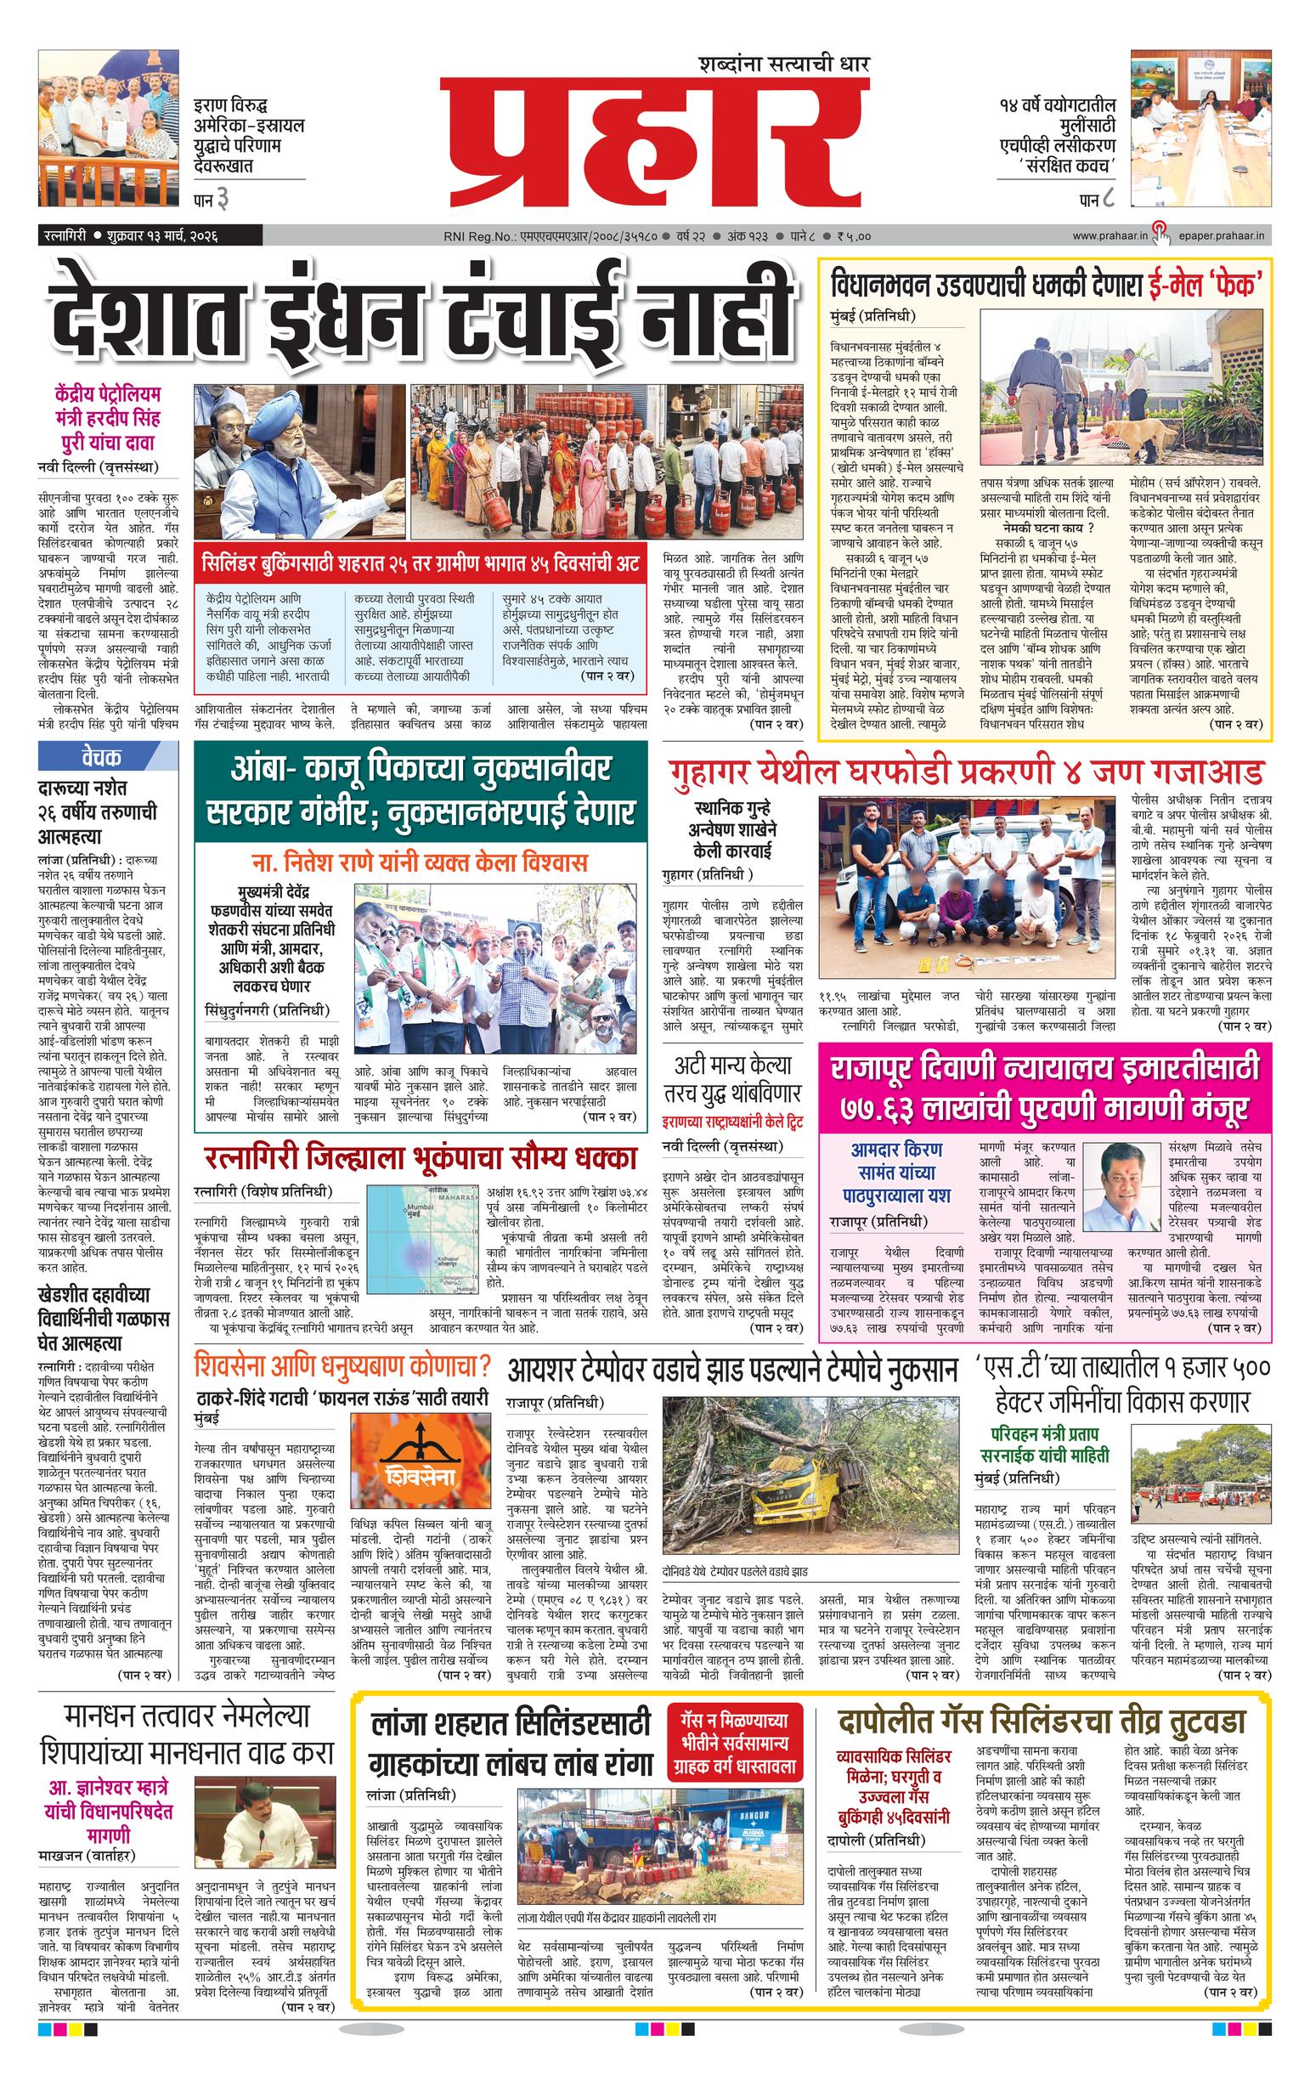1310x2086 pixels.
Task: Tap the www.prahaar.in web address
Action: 1109,235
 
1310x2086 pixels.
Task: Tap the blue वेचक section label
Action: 100,756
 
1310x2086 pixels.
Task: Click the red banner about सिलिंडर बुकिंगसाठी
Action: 421,566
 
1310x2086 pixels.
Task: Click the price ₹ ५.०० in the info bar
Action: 854,235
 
